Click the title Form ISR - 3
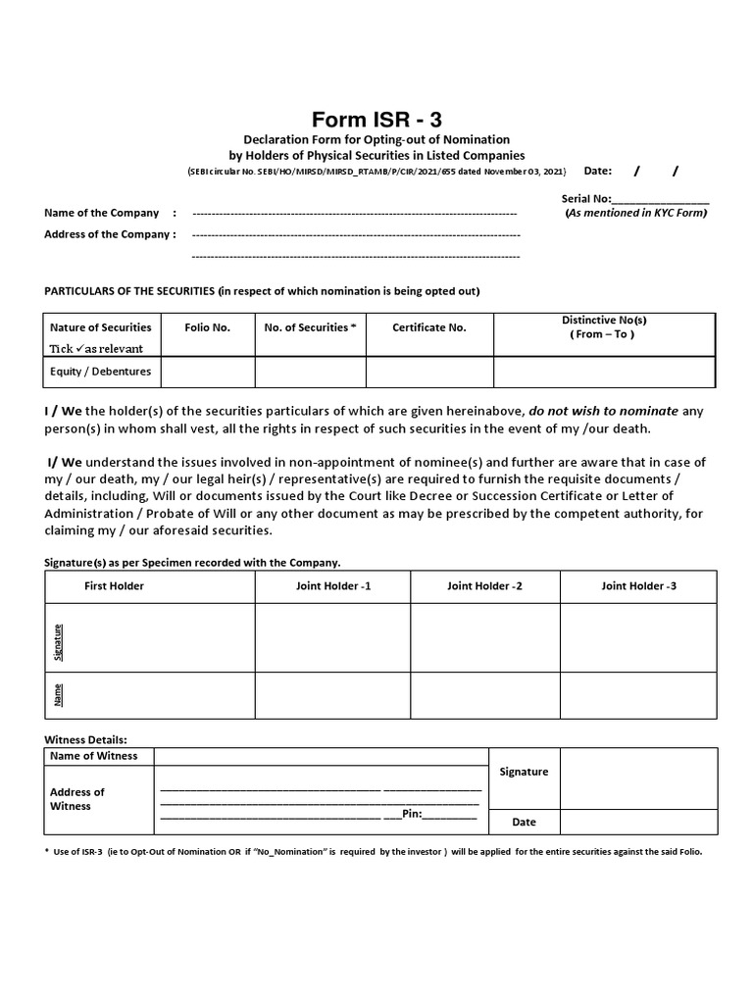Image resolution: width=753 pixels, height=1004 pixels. [370, 120]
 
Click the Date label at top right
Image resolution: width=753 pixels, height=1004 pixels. [597, 171]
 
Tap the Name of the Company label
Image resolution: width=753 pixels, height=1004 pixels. [101, 213]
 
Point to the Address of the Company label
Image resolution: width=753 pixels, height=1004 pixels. [110, 234]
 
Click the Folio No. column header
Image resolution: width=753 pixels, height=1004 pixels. [207, 327]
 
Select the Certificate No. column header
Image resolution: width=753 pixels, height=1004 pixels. [428, 327]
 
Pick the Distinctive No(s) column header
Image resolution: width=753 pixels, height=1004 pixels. [603, 327]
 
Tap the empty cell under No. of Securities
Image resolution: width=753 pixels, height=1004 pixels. [310, 372]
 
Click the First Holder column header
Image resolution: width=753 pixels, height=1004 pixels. [114, 585]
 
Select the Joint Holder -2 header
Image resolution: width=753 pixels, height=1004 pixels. [484, 585]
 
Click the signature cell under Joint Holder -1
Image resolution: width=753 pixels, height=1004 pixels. [332, 637]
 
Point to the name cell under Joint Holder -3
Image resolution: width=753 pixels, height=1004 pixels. [637, 695]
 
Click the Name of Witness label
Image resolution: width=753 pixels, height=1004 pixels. [93, 756]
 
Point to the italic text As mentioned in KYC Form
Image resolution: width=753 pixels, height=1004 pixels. [636, 213]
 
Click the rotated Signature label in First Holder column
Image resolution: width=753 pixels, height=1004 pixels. [58, 637]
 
